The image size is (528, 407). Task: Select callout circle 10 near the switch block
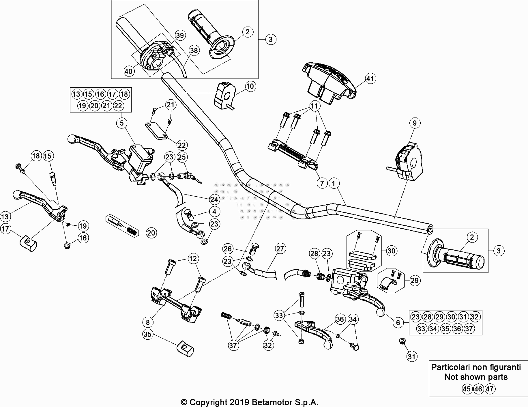tap(250, 86)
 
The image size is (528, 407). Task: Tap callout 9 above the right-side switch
tap(415, 123)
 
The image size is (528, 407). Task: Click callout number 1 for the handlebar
tap(334, 183)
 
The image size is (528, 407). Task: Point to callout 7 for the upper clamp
tap(322, 183)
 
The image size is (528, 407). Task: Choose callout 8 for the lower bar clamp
tap(148, 322)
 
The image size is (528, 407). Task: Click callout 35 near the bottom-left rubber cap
tap(147, 334)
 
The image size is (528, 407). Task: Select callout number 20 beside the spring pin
tap(151, 233)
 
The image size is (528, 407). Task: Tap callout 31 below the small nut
tap(412, 357)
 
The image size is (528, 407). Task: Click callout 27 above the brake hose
tap(280, 249)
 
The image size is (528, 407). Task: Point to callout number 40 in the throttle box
tap(129, 71)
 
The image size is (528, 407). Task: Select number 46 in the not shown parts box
tap(478, 389)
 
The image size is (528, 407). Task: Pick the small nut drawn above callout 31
tap(401, 341)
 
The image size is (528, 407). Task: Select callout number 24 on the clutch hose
tap(214, 199)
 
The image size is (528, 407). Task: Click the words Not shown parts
tap(476, 377)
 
